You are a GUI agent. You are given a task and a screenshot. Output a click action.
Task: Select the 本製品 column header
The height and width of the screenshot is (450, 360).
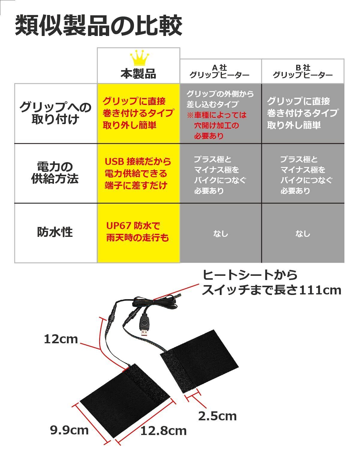138,73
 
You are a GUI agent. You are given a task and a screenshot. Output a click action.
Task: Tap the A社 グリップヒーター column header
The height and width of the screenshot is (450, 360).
220,72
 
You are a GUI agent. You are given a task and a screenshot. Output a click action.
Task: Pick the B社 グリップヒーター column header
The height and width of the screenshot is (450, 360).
302,72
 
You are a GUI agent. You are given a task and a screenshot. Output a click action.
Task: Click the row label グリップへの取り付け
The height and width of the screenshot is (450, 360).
55,113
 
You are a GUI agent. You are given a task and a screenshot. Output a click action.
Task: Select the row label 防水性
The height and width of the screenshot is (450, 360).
55,232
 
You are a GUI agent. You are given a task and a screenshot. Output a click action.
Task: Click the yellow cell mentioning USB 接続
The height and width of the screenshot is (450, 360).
138,173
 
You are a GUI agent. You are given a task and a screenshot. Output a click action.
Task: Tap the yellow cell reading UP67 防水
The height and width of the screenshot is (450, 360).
138,232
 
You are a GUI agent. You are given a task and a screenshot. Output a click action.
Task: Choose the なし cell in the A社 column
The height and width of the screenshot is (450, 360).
221,234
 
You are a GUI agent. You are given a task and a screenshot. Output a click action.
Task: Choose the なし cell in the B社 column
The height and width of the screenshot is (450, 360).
303,234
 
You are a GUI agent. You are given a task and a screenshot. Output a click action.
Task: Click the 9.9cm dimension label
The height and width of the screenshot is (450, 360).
69,430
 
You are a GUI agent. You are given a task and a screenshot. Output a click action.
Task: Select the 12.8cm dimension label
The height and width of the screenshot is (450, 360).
163,431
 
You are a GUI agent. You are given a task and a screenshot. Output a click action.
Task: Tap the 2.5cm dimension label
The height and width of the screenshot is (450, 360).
217,416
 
